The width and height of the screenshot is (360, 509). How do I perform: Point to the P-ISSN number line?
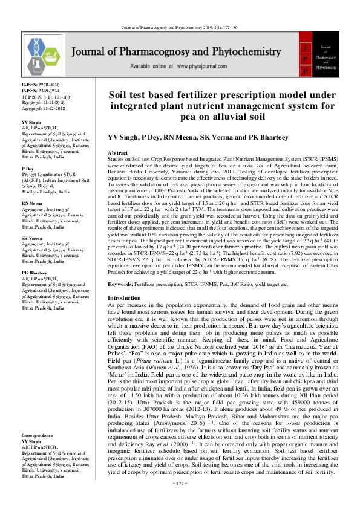click(38, 91)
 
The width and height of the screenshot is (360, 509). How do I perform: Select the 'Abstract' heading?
click(117, 154)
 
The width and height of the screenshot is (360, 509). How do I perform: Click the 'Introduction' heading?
click(124, 299)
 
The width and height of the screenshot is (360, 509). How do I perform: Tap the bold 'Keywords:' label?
click(121, 284)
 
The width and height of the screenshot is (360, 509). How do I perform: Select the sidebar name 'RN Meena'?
click(32, 204)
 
